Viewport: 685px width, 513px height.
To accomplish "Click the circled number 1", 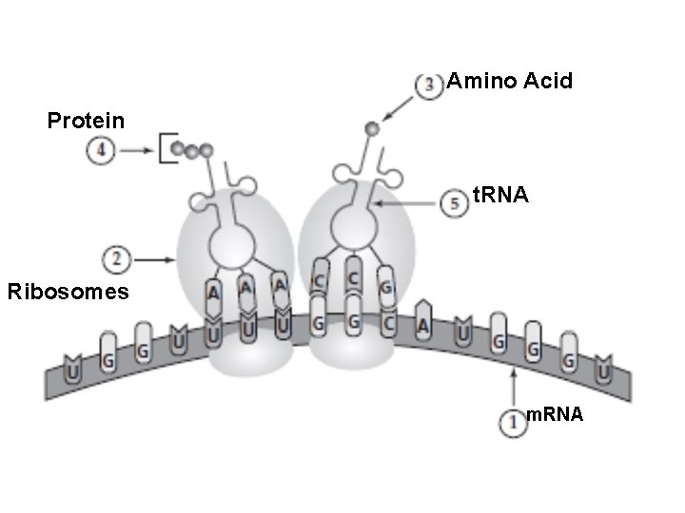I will tap(513, 422).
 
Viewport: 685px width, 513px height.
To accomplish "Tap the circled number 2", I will tap(115, 257).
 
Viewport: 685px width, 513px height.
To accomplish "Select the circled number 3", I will tap(431, 84).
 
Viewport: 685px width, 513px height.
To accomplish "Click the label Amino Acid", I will tap(510, 81).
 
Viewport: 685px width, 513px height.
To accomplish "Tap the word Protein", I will tap(86, 121).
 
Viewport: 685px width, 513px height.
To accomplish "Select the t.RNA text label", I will tap(500, 195).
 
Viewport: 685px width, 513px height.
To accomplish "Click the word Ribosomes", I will tap(68, 292).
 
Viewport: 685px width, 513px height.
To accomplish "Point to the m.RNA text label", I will tap(556, 415).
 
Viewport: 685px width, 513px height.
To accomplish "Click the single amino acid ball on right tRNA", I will tap(372, 128).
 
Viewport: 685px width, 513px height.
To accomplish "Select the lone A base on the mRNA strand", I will tap(423, 323).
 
